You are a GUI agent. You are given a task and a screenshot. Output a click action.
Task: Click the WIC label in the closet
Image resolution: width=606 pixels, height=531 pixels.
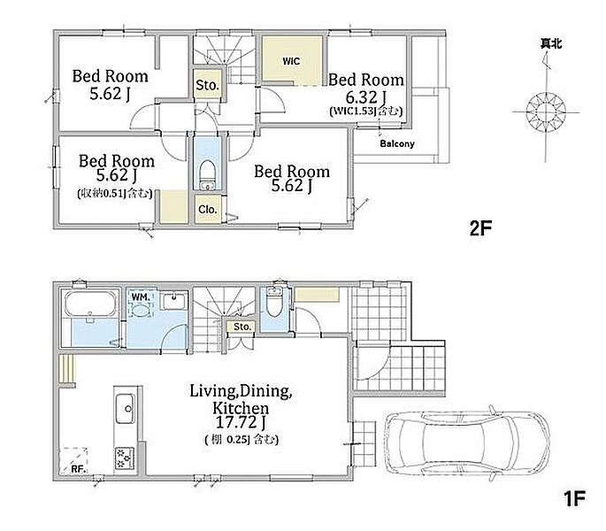[291, 61]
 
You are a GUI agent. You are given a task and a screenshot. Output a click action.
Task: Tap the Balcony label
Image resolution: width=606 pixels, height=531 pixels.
[397, 144]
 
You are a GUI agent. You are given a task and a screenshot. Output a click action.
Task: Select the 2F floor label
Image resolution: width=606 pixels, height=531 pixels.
[480, 228]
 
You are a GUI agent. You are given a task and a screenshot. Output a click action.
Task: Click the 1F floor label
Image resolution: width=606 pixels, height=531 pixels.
[574, 498]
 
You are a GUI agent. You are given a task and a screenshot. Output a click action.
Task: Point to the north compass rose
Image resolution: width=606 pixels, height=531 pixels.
[546, 112]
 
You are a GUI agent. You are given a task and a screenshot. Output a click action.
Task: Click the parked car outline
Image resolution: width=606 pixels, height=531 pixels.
[468, 442]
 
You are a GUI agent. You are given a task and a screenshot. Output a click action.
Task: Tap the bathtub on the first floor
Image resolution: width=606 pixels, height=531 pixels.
[91, 304]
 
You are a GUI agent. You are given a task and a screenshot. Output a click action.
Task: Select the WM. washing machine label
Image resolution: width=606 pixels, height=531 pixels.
[141, 297]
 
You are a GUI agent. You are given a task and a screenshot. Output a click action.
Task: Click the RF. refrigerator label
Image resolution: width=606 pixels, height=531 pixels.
[80, 470]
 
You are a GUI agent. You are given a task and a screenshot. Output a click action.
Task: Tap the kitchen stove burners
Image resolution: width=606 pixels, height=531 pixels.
[125, 458]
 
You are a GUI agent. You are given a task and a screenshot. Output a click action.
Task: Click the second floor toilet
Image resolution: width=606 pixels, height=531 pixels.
[208, 175]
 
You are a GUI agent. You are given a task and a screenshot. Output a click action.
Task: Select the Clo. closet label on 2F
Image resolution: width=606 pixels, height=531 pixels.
[208, 210]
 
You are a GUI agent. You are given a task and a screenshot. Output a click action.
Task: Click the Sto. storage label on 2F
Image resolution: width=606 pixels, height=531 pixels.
[208, 85]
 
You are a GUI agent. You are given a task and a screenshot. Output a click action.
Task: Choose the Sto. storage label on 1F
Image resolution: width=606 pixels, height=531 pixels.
[242, 327]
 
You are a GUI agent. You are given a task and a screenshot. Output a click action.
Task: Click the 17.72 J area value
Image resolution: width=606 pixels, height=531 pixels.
[241, 423]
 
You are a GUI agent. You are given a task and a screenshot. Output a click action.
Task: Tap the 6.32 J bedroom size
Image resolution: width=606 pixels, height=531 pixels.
[366, 96]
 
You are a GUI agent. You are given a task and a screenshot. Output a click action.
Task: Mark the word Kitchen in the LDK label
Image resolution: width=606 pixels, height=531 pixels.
[241, 408]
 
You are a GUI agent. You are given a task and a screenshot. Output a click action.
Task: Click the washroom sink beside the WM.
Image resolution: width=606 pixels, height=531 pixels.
[174, 301]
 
